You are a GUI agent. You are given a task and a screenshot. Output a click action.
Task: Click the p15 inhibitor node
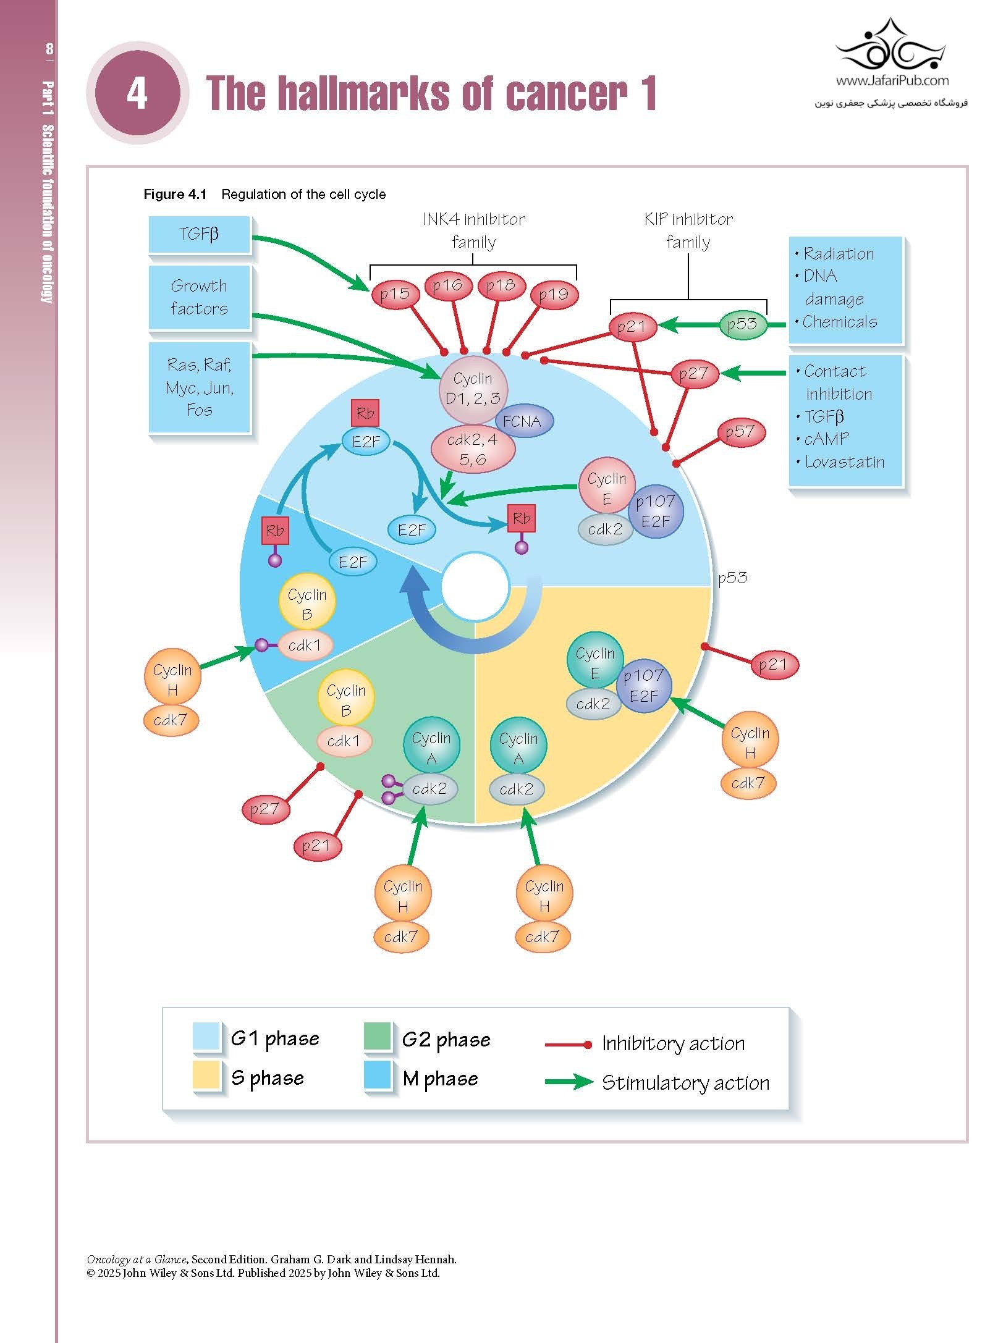(x=394, y=294)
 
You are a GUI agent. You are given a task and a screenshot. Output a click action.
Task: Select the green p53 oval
(x=742, y=324)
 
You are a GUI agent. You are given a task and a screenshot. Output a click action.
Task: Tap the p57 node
(x=740, y=432)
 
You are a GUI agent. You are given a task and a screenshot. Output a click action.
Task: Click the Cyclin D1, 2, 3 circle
(x=473, y=388)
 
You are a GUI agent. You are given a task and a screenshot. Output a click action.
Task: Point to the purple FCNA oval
(x=523, y=421)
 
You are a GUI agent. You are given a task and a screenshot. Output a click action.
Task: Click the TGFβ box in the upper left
(x=199, y=234)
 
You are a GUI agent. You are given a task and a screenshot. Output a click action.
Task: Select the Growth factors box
(x=199, y=297)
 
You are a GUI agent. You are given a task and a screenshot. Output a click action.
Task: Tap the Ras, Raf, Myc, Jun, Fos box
(x=199, y=387)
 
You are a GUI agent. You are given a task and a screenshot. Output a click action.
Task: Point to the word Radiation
(x=839, y=254)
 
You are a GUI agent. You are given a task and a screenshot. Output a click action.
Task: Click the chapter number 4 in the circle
(x=137, y=93)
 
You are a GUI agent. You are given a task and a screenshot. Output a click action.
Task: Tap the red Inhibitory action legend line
(x=568, y=1045)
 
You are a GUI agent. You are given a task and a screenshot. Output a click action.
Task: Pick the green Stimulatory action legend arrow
(x=568, y=1082)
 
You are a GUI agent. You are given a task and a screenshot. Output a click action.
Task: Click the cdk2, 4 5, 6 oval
(x=472, y=449)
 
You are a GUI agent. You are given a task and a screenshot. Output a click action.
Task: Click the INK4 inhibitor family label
(x=473, y=230)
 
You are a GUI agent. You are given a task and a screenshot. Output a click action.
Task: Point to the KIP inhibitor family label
(x=688, y=230)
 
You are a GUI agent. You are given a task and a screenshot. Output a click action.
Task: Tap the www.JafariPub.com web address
(x=892, y=80)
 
